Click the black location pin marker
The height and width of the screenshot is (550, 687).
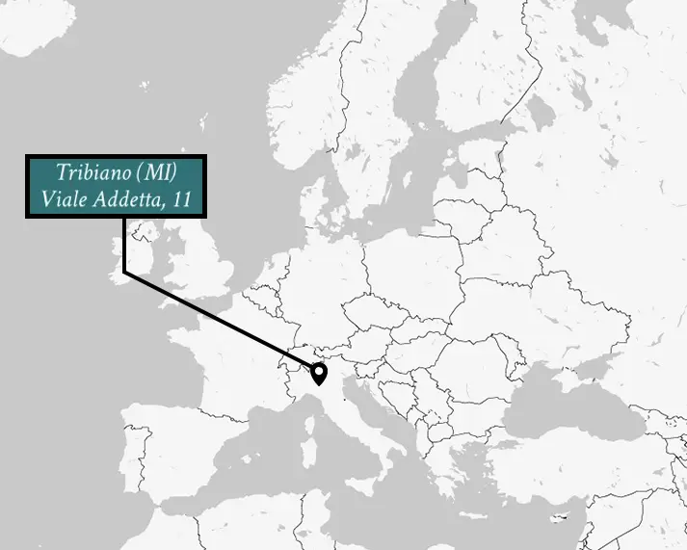point(318,372)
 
